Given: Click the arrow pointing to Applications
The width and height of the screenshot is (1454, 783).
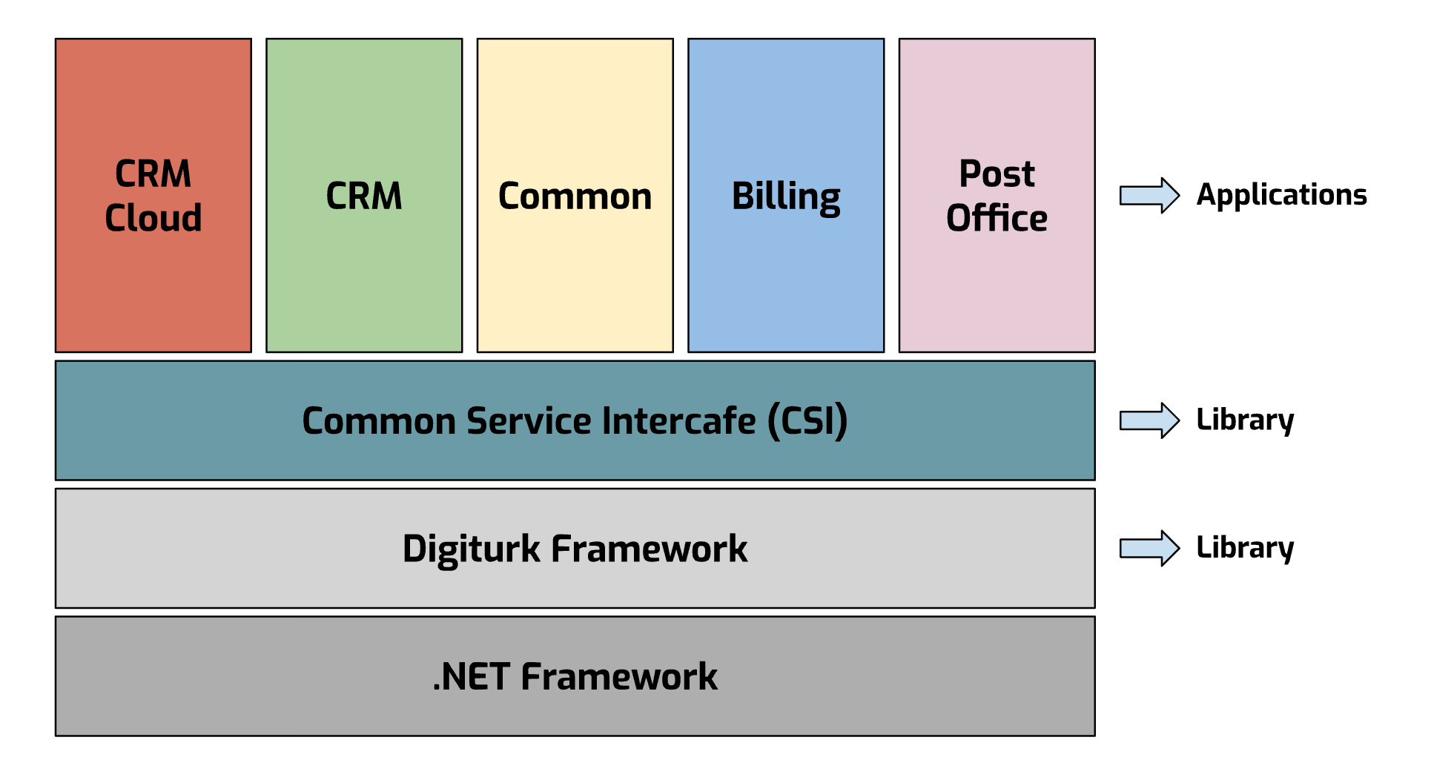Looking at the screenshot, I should [1149, 196].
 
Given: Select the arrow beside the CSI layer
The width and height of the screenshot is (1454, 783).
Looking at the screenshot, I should [1149, 420].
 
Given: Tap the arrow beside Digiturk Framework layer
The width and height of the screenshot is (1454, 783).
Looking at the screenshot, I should [1149, 549].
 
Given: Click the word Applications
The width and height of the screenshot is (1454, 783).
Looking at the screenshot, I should [1280, 195].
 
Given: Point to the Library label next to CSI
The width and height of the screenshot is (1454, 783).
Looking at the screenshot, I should [1244, 420].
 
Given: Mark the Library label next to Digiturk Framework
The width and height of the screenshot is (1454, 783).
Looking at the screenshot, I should [1244, 548].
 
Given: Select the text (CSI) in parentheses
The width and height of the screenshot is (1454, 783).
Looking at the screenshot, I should [807, 421].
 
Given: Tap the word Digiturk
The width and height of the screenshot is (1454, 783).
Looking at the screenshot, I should [471, 549].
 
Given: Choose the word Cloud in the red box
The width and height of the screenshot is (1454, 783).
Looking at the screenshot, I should [153, 218].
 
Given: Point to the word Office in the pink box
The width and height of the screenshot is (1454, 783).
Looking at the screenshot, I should [996, 218].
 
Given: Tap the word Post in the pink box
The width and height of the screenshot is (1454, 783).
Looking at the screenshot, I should [996, 174].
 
